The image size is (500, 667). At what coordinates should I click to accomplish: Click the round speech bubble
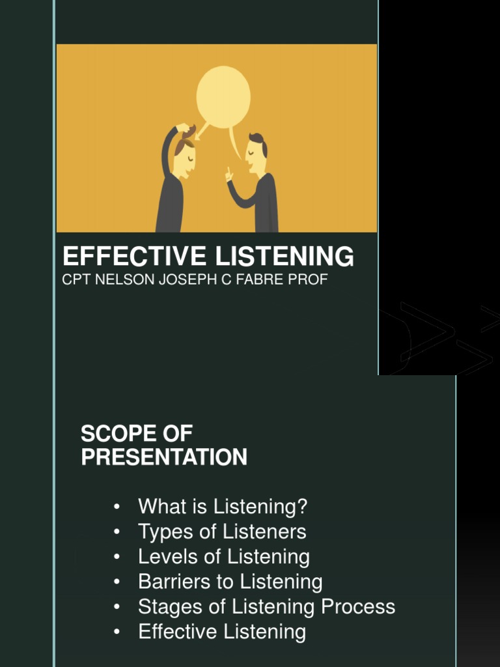223,97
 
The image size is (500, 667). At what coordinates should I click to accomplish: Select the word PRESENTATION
164,457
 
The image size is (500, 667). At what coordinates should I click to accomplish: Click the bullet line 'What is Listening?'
223,507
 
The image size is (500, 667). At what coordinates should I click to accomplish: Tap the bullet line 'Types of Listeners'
222,532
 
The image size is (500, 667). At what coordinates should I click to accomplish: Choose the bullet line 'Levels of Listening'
224,557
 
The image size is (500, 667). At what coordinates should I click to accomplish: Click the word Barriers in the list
171,582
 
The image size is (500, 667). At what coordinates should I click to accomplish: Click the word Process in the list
358,607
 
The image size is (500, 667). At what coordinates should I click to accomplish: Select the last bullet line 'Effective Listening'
222,632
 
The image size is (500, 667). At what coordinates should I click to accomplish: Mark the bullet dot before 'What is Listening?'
117,507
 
